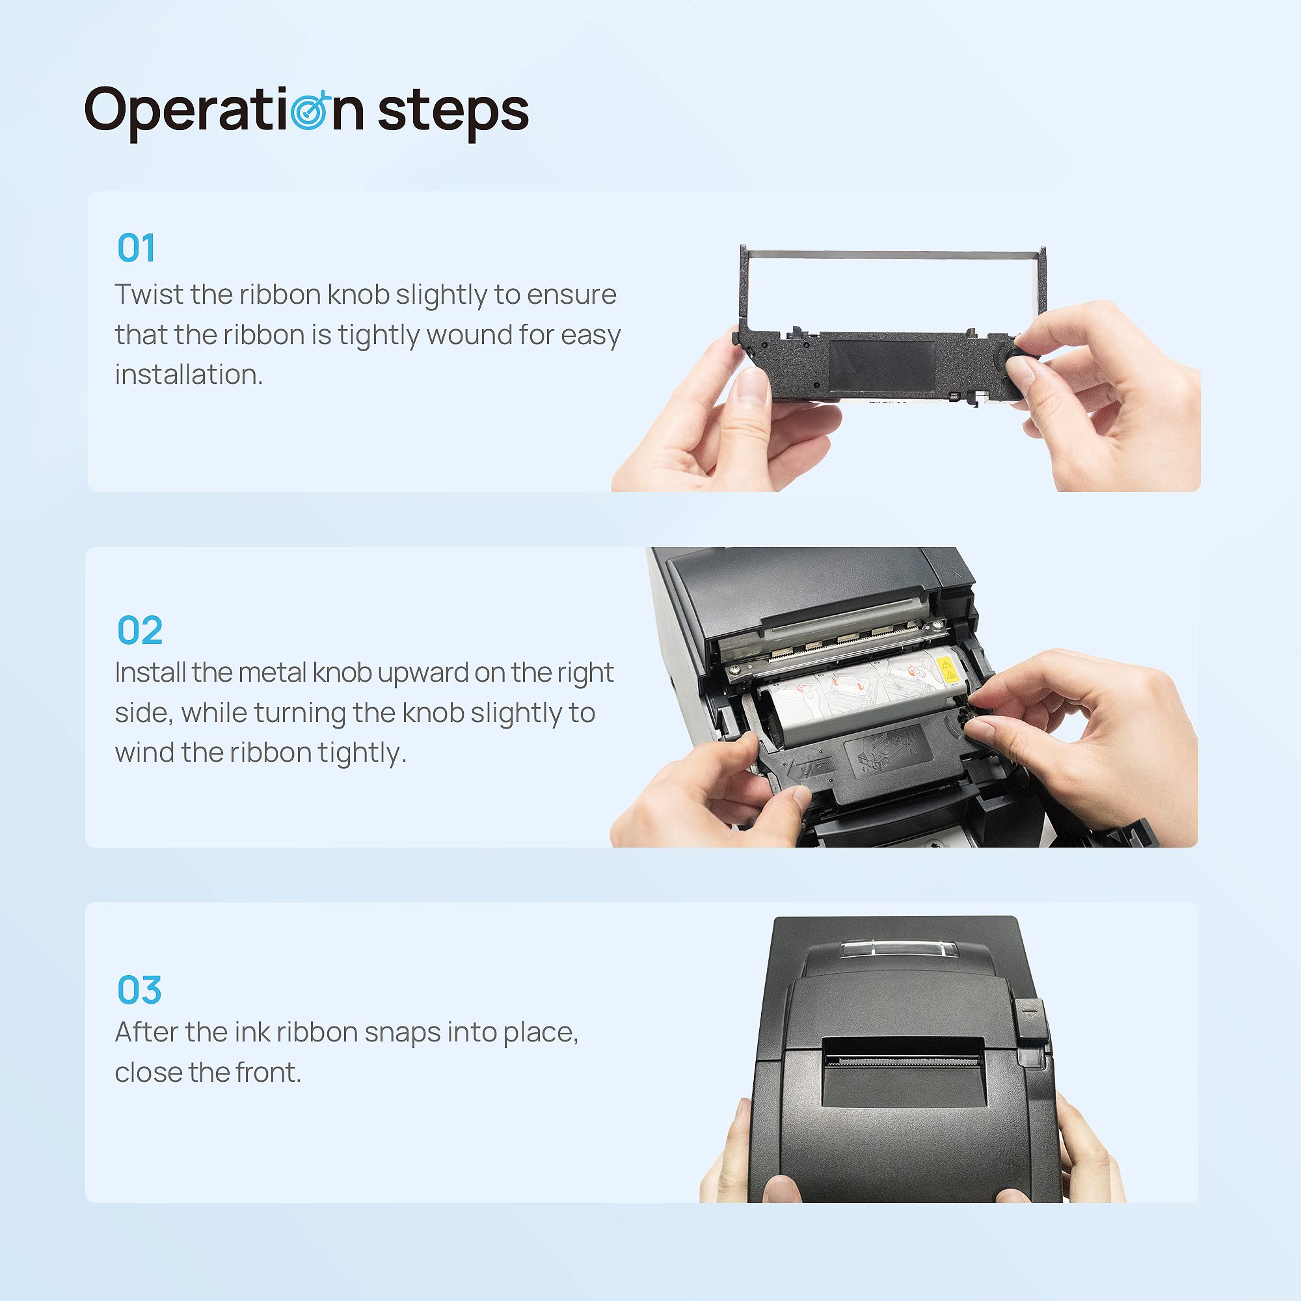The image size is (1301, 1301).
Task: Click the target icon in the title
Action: coord(310,110)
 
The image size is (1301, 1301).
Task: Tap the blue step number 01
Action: coord(136,248)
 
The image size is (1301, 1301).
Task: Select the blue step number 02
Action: coord(139,630)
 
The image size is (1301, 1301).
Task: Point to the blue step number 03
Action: coord(139,990)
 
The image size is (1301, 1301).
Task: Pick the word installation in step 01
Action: coord(189,375)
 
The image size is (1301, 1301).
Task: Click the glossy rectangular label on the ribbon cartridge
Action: coord(881,368)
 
